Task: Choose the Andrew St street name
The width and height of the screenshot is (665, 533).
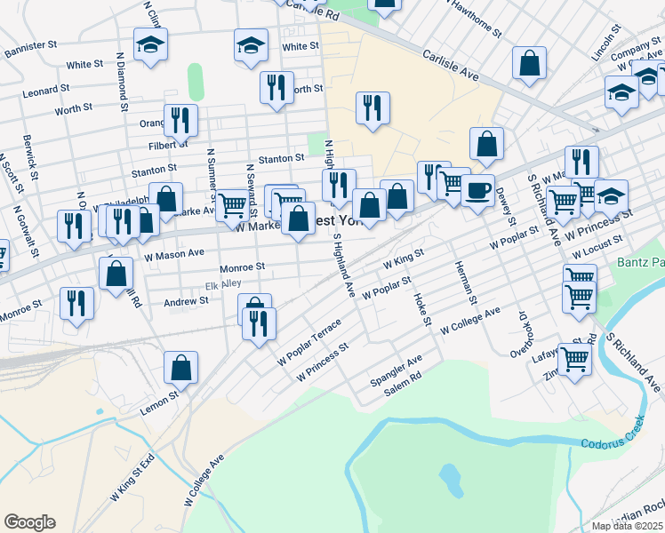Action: [186, 301]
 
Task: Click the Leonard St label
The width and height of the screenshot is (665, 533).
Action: [46, 90]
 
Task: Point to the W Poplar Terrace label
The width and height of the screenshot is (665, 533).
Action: [308, 342]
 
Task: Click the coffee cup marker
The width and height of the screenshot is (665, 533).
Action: [477, 190]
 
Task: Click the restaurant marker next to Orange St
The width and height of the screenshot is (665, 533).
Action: [180, 122]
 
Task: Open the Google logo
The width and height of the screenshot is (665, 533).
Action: [29, 522]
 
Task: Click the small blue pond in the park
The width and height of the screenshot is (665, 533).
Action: [451, 479]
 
